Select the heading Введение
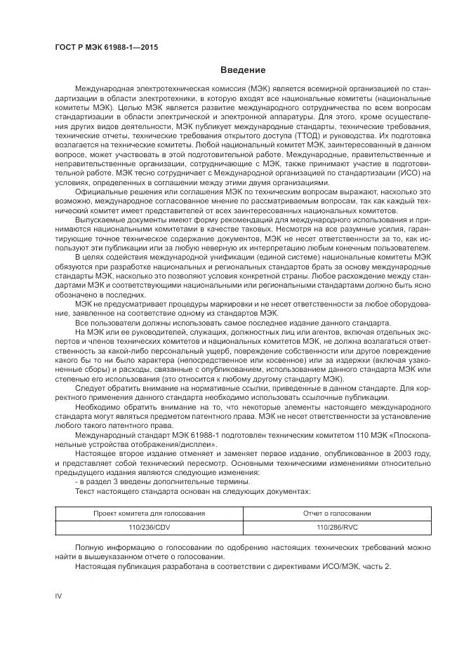pos(243,70)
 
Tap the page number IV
pos(59,596)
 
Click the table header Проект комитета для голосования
pos(150,514)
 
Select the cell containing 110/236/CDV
pos(150,527)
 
